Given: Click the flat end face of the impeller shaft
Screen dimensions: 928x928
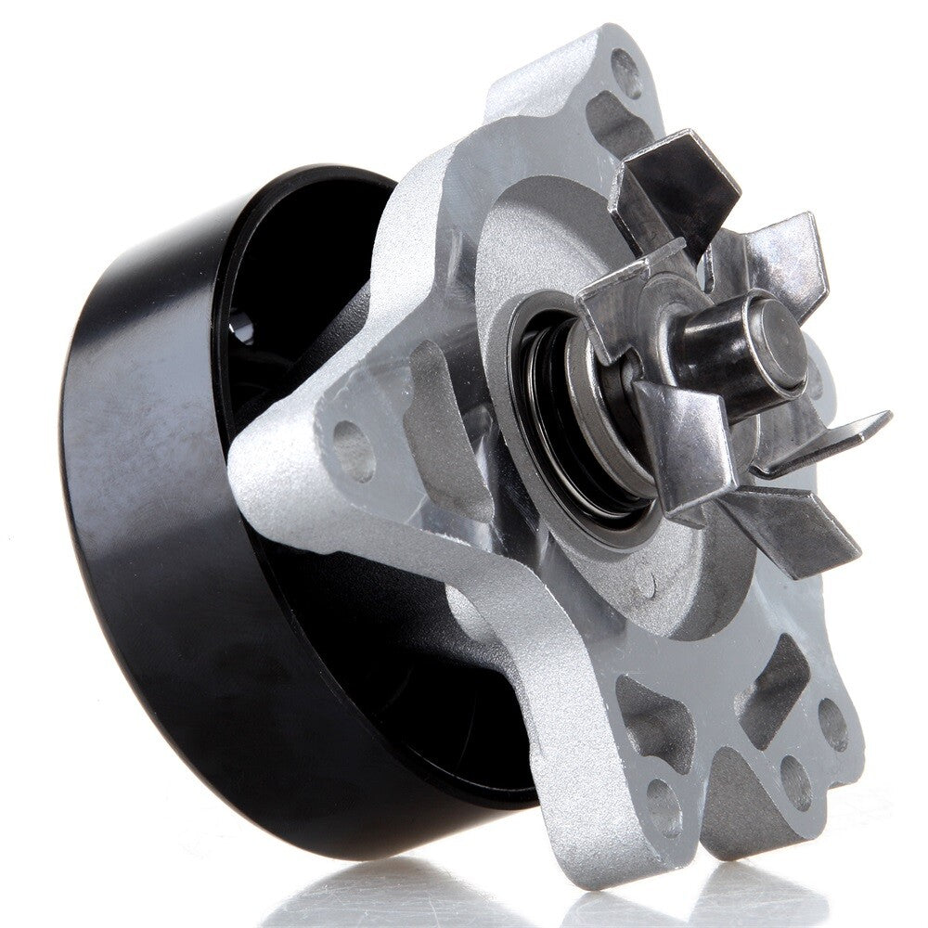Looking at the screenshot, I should [x=778, y=340].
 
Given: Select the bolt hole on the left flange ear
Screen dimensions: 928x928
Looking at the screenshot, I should [x=353, y=450].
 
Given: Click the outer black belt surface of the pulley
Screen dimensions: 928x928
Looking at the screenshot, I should [x=139, y=520].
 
